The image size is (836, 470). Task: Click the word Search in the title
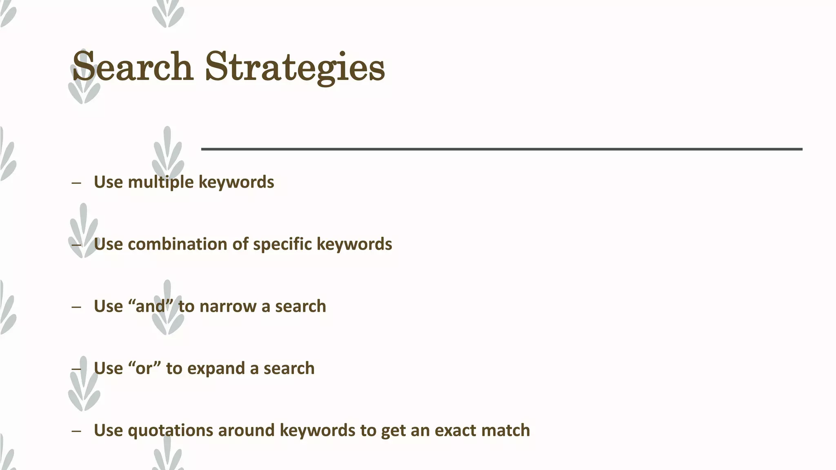132,67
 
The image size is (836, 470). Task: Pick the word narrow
228,306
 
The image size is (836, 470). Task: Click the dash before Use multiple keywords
76,183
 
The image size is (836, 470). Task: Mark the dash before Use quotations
76,431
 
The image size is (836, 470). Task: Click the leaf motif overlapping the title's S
84,90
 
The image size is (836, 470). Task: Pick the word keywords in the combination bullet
354,244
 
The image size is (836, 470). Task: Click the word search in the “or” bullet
289,368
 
